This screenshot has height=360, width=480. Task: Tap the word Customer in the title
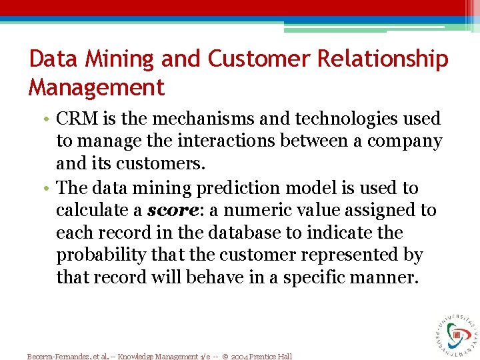[259, 59]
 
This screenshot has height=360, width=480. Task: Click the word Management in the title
[96, 87]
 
